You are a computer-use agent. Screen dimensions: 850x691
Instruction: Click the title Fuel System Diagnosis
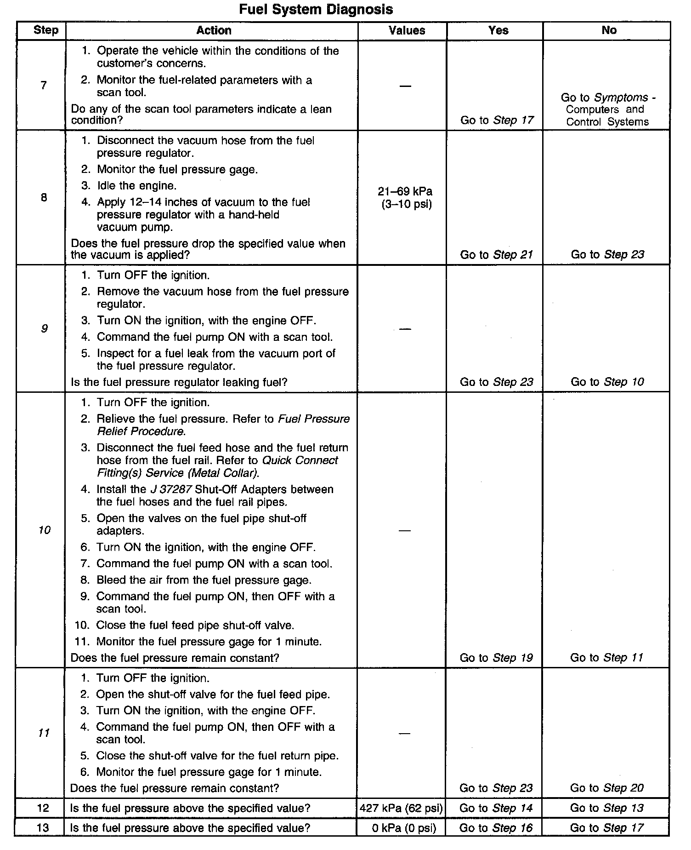coord(316,9)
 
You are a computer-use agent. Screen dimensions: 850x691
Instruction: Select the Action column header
coord(214,31)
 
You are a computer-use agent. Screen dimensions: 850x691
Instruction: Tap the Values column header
coord(407,31)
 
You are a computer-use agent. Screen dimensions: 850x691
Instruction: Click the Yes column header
coord(498,31)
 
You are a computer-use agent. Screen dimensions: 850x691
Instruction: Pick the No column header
coord(609,30)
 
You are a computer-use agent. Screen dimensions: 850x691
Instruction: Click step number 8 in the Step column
coord(44,198)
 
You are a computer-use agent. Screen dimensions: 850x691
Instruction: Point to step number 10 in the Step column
coord(44,530)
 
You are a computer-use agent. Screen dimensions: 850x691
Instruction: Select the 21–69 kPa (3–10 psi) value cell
coord(406,198)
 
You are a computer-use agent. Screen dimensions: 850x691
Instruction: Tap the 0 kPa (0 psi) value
coord(403,828)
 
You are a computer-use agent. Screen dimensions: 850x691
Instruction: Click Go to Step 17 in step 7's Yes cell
coord(497,120)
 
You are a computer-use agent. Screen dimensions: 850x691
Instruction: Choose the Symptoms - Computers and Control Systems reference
coord(607,109)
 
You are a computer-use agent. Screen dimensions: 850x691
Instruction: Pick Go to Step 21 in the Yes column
coord(496,255)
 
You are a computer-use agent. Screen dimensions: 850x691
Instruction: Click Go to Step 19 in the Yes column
coord(496,658)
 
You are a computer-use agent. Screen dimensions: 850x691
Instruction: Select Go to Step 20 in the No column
coord(606,788)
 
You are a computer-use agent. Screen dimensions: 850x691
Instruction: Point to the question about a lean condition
coord(201,115)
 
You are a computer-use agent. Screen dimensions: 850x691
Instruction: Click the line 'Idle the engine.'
coord(136,186)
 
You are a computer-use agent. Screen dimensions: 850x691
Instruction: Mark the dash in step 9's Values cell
coord(405,329)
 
